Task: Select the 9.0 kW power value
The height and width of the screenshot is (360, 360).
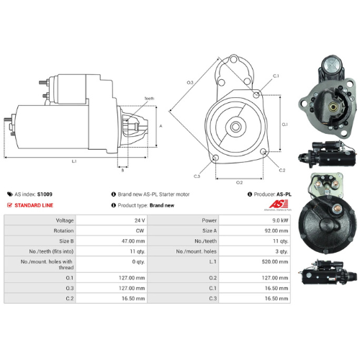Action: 280,220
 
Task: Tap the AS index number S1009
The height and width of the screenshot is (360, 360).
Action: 44,194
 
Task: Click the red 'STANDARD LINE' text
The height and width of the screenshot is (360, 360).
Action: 35,205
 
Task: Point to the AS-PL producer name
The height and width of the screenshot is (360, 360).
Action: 284,194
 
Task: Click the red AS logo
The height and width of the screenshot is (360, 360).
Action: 277,205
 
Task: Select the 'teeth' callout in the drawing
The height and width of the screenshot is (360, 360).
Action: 149,98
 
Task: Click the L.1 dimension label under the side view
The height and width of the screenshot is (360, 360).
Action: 74,161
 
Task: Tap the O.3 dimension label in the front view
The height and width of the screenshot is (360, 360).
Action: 190,84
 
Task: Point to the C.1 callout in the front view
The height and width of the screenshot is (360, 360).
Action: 276,76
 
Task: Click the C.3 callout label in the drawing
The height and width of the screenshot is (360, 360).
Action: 197,175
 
